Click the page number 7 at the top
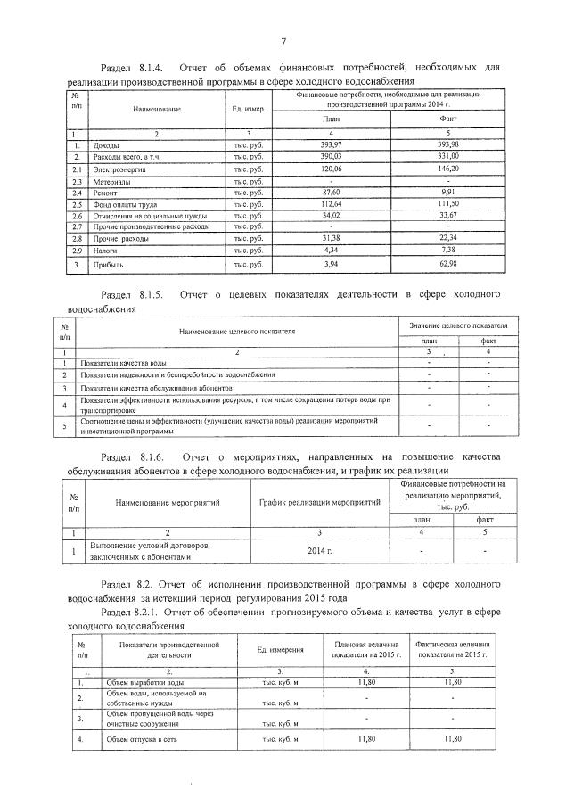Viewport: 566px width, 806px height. point(283,41)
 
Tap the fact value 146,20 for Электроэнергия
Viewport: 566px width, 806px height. point(448,169)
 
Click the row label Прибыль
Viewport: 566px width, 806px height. point(110,265)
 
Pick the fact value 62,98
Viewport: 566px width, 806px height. point(448,265)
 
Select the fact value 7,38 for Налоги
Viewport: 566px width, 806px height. point(448,252)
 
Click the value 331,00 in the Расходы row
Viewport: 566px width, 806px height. point(448,156)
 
